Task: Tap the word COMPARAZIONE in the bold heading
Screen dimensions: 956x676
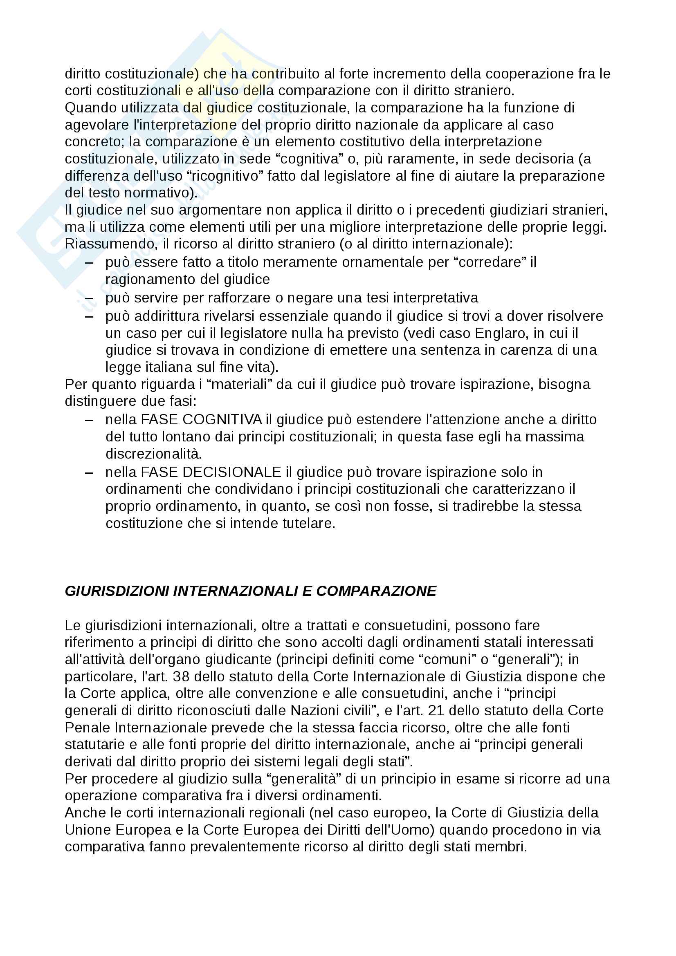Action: coord(376,591)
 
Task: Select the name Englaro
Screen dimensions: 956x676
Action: coord(498,333)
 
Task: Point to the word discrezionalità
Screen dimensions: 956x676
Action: coord(153,453)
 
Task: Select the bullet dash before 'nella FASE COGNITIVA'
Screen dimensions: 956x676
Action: coord(89,420)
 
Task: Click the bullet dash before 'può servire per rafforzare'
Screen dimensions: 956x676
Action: coord(89,298)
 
